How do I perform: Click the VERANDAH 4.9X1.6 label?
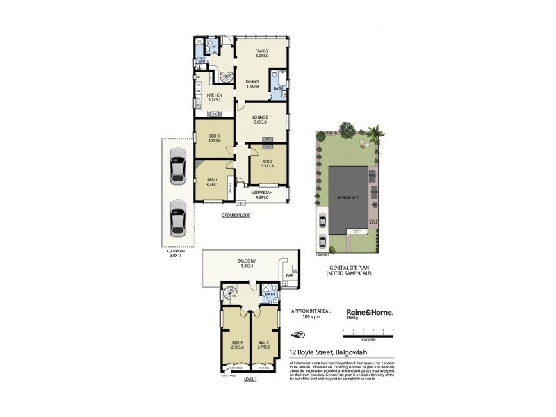pos(261,195)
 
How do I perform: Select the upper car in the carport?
pos(178,170)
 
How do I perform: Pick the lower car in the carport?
pos(178,218)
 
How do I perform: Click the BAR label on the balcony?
pos(290,277)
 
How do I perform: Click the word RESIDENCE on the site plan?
pos(347,197)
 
